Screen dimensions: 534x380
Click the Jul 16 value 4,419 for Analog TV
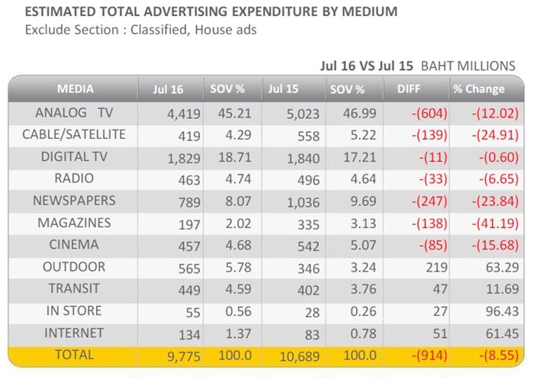coord(184,114)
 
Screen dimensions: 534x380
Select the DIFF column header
coord(409,89)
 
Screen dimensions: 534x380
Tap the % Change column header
coord(479,89)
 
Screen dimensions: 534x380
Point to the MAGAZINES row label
coord(74,223)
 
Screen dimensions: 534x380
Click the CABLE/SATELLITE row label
coord(74,134)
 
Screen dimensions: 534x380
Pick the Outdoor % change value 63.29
coord(502,267)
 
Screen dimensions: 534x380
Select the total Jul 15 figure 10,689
coord(300,356)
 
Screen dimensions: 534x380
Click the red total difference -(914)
coord(429,356)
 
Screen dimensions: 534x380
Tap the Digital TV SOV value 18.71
coord(235,157)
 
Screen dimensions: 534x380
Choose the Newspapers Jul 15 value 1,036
coord(303,203)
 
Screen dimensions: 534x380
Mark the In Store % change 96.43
coord(502,311)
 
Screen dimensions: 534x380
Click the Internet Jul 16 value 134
coord(190,335)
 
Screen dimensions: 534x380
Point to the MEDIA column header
coord(76,89)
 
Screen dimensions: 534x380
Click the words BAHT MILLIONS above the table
coord(468,66)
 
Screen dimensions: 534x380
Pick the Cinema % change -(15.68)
coord(495,245)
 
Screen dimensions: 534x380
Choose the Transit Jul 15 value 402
coord(308,290)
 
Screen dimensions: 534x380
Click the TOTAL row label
coord(74,355)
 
